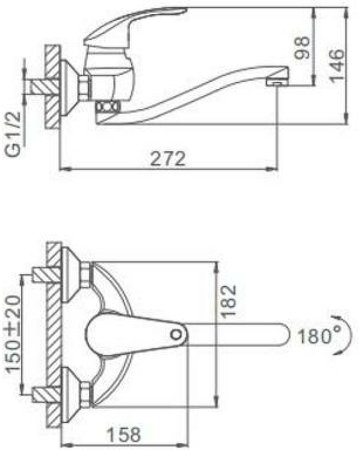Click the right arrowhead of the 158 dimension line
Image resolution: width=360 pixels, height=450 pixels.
(x=214, y=421)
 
